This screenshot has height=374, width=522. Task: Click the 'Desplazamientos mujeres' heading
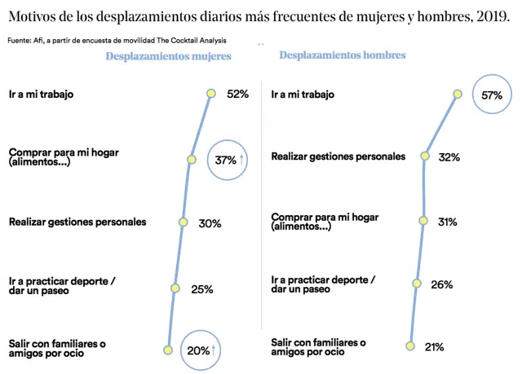168,56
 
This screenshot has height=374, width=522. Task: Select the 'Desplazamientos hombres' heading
343,55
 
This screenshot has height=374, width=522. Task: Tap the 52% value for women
237,94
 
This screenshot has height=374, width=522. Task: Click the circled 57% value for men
492,95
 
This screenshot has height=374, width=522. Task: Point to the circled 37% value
225,161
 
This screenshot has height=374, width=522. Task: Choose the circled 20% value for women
198,350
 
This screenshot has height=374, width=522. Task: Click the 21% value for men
433,347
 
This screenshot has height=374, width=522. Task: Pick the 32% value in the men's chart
448,156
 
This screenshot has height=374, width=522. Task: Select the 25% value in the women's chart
202,288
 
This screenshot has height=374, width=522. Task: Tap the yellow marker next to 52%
210,94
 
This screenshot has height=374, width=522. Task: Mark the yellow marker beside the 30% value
182,222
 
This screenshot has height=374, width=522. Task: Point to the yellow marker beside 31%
423,221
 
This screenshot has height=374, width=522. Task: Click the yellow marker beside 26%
416,284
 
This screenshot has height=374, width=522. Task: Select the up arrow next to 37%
242,161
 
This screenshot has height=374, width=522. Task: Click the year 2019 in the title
491,15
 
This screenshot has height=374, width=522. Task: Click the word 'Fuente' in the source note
20,40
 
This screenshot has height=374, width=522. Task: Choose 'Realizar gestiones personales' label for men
338,156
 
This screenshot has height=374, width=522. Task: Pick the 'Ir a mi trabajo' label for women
42,94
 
